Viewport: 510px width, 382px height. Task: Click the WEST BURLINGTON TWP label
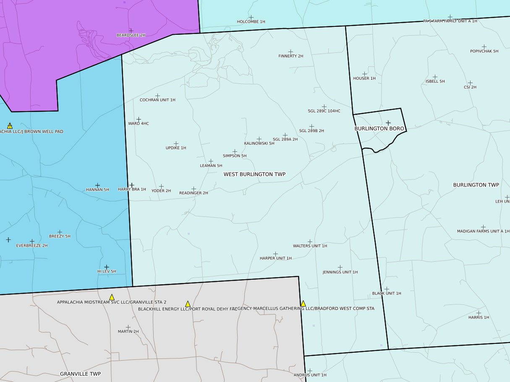(x=254, y=174)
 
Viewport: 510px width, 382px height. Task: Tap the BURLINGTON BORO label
(x=379, y=129)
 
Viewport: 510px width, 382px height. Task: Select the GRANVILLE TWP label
(x=80, y=374)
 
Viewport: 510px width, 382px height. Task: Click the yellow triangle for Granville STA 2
(x=112, y=297)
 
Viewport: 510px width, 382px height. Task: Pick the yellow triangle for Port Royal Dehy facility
(x=188, y=304)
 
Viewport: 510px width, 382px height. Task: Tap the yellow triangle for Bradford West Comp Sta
(x=303, y=303)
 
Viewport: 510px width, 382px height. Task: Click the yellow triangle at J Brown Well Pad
(x=10, y=125)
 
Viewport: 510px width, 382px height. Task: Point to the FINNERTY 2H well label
(x=290, y=56)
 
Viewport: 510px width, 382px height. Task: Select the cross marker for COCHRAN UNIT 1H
(x=157, y=96)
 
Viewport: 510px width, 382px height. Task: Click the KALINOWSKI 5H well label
(x=259, y=143)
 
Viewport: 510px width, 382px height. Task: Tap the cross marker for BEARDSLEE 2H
(x=131, y=31)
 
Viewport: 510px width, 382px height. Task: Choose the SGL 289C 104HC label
(x=324, y=111)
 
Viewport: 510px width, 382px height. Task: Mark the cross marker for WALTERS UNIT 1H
(x=310, y=242)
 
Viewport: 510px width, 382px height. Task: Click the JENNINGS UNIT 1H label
(x=340, y=272)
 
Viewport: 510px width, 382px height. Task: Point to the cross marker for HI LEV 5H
(x=107, y=267)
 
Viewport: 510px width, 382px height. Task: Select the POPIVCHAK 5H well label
(x=484, y=51)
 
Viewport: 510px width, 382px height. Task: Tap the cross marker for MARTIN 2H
(x=128, y=327)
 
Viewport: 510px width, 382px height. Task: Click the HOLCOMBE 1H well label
(x=251, y=21)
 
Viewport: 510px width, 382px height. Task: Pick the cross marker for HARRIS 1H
(x=479, y=313)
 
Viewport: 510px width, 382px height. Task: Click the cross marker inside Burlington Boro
(x=388, y=122)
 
